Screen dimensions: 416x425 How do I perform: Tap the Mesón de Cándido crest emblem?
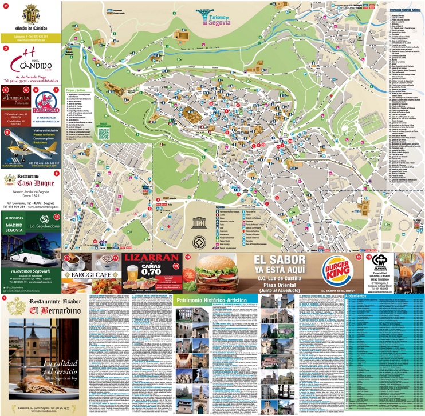click(x=31, y=14)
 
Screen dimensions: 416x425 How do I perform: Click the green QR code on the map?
click(x=103, y=133)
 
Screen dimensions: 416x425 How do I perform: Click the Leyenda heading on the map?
click(x=220, y=207)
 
